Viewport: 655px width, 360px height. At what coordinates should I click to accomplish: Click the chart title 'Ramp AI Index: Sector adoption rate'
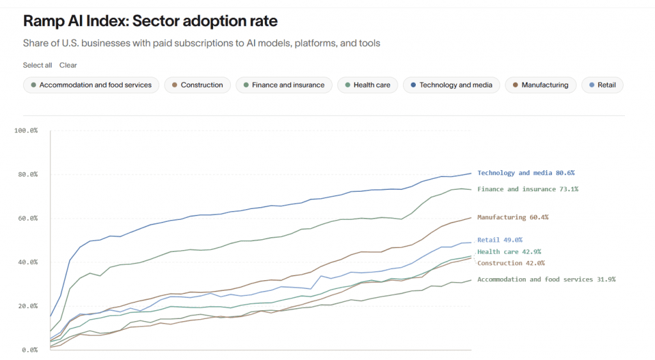coord(150,21)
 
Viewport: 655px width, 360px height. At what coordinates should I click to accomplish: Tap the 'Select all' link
coord(38,65)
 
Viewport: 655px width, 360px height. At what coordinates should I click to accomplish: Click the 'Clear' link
coord(68,65)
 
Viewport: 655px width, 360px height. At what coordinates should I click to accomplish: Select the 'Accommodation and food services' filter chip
coord(91,85)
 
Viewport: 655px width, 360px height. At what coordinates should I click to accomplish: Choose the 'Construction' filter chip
coord(198,85)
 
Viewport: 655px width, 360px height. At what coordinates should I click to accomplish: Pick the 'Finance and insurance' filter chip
coord(284,85)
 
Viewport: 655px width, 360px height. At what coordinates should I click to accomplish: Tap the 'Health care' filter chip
coord(368,85)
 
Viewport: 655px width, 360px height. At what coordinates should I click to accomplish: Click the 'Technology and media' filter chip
coord(452,85)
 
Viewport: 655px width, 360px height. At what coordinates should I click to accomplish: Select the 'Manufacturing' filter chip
coord(541,85)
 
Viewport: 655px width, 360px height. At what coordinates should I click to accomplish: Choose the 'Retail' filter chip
coord(603,85)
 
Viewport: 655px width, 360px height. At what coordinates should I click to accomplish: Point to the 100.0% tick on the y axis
coord(26,130)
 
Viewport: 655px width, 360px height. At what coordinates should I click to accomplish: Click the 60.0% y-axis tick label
coord(28,219)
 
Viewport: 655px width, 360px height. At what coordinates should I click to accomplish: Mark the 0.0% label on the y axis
coord(29,350)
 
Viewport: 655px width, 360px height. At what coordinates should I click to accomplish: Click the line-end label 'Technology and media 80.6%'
coord(526,173)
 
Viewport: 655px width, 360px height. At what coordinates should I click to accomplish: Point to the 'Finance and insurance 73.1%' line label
coord(528,189)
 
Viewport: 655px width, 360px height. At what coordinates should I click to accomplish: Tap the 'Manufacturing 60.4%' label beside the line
coord(513,217)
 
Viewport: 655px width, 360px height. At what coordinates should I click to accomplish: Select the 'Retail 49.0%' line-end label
coord(500,240)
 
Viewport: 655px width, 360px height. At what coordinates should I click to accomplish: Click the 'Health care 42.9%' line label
coord(509,252)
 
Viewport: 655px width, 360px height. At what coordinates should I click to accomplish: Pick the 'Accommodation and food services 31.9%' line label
coord(546,279)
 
